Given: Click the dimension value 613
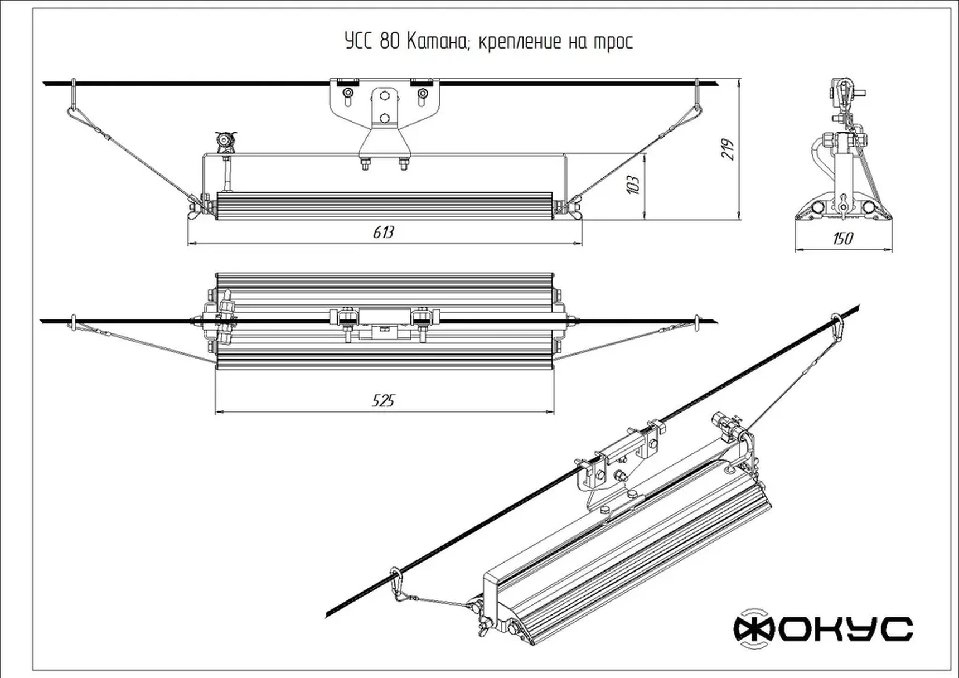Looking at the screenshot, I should (383, 232).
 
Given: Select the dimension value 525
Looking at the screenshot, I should (383, 400).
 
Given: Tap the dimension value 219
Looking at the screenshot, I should (728, 149).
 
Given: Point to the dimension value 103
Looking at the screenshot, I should (633, 184).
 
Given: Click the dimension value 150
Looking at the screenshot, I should (842, 239).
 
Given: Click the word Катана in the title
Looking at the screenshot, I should (437, 42).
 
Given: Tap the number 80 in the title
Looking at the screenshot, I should (390, 42).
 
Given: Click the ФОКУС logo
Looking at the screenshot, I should (823, 629).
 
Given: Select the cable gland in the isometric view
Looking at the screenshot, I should (725, 426).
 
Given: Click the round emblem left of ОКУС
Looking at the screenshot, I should (754, 629).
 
